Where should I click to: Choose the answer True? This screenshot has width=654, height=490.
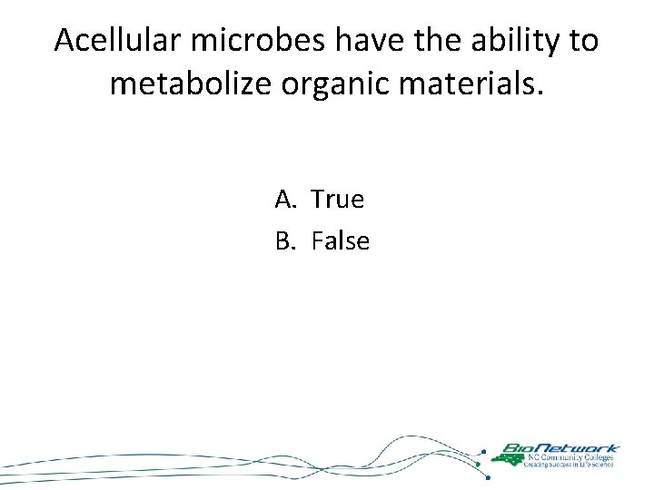(337, 199)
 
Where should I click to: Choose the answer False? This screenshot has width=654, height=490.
(341, 241)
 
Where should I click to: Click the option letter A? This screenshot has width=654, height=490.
(284, 199)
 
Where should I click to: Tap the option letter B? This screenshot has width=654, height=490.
(284, 241)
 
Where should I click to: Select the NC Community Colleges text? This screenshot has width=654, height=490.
(568, 457)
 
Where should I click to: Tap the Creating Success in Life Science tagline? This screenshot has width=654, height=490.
(568, 465)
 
